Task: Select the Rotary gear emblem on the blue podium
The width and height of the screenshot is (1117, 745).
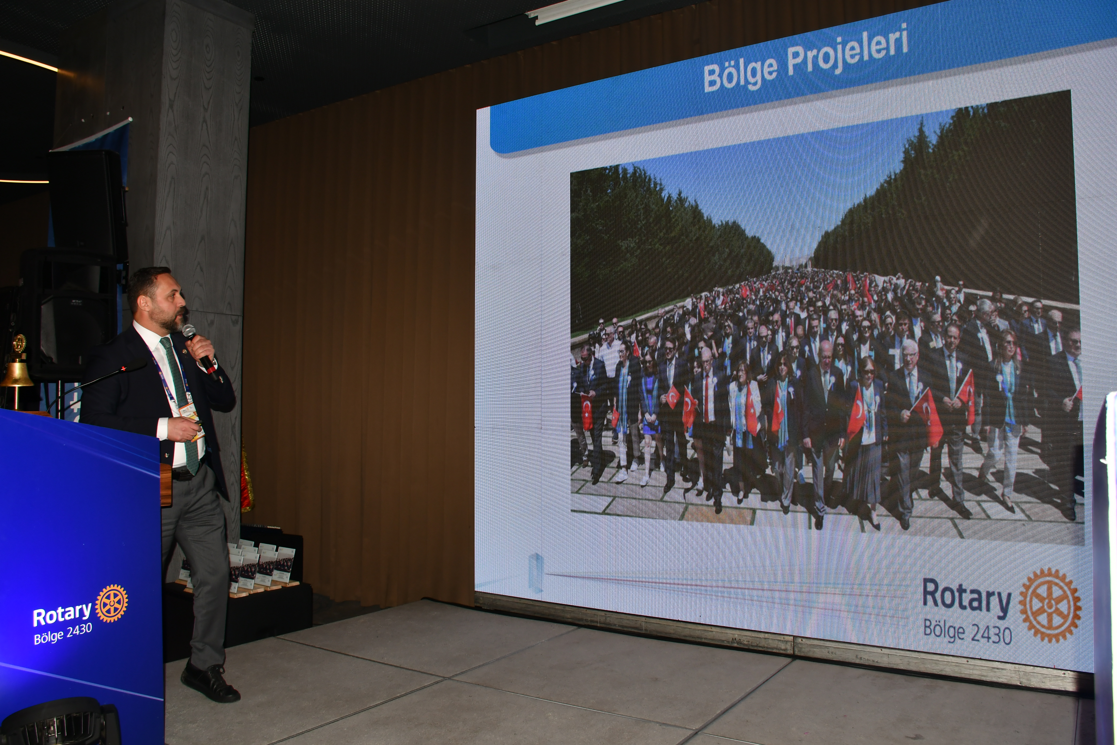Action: (112, 603)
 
